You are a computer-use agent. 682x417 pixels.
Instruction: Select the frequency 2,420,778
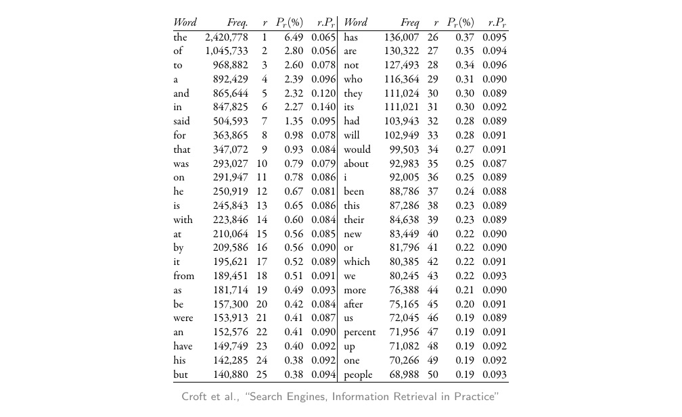pos(226,37)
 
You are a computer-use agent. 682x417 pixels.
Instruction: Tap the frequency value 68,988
pos(404,375)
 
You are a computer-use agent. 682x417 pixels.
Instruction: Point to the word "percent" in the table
pos(359,333)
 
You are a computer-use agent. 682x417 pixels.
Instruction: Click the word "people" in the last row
pos(358,375)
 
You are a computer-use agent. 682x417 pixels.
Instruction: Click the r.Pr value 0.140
pos(323,107)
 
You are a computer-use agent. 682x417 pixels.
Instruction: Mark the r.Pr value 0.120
pos(323,93)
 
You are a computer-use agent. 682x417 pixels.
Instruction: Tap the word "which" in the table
pos(357,262)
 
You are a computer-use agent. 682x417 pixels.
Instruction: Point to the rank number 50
pos(433,375)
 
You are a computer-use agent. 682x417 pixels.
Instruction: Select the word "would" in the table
pos(357,149)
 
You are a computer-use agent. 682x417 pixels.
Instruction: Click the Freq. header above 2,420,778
pos(237,23)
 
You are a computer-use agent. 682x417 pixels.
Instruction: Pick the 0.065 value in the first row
pos(323,37)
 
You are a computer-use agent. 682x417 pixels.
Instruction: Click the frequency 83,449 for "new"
pos(404,234)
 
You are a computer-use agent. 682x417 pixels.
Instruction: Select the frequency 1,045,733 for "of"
pos(226,51)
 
